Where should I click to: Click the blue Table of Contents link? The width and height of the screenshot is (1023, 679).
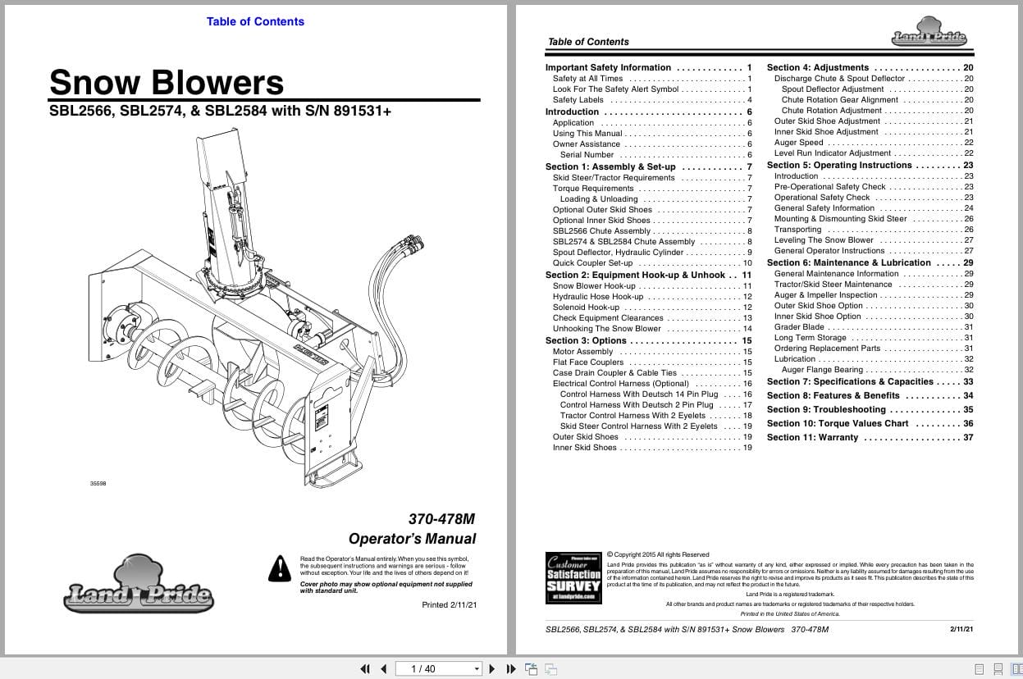[255, 21]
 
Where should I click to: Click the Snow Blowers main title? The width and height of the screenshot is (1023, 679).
[167, 83]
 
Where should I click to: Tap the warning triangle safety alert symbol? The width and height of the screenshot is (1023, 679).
[281, 567]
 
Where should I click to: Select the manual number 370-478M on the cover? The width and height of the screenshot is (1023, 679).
[441, 519]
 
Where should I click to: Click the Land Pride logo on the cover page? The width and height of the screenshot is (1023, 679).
[139, 586]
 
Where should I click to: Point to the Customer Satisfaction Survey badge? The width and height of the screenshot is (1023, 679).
[573, 578]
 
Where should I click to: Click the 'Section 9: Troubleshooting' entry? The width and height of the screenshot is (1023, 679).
[826, 409]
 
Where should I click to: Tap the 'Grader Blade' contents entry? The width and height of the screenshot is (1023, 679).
[799, 327]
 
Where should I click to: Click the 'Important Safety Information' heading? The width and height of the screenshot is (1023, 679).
[608, 68]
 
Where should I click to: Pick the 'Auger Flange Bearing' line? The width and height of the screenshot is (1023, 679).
[822, 370]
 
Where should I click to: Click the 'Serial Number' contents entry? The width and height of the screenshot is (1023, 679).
[587, 155]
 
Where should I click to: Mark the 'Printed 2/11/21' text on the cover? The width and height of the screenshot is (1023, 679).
[449, 605]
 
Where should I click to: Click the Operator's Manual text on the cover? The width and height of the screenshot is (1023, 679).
[412, 539]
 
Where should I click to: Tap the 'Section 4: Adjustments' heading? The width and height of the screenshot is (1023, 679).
[817, 68]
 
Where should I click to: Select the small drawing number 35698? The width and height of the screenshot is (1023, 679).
[98, 484]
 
